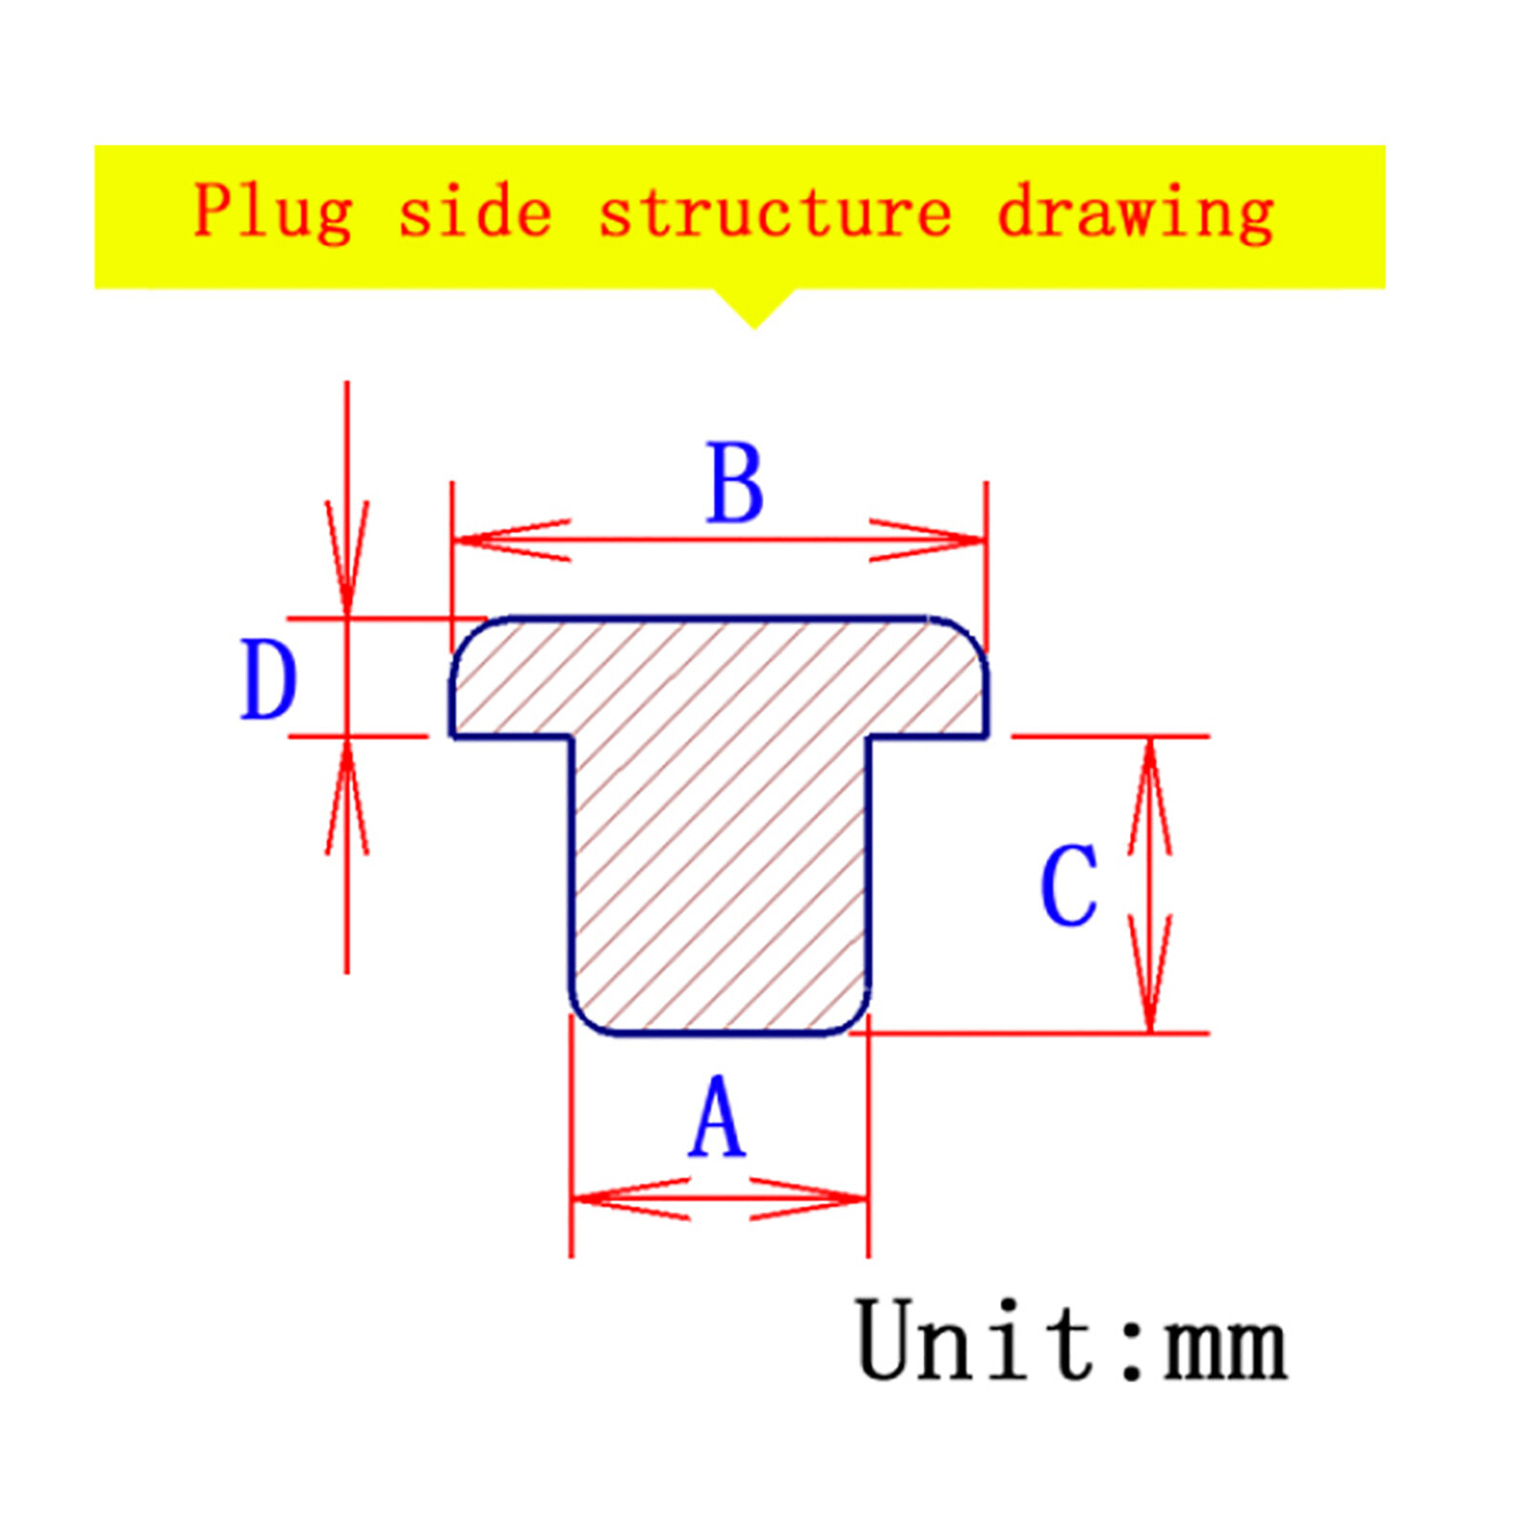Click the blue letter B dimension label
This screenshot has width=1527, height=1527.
[x=735, y=483]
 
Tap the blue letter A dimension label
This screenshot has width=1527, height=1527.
[x=717, y=1116]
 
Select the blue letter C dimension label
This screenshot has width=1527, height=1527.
[x=1069, y=885]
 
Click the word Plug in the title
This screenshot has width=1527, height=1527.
[x=273, y=212]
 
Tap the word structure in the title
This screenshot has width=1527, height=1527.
[x=775, y=212]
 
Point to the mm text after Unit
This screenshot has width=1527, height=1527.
[x=1225, y=1347]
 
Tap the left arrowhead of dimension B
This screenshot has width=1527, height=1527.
[x=512, y=540]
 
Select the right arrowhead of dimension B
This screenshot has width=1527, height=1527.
[x=927, y=540]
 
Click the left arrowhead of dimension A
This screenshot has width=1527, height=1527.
[x=630, y=1199]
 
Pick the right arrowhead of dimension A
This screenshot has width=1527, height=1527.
[x=809, y=1199]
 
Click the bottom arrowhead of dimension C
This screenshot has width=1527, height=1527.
[x=1150, y=973]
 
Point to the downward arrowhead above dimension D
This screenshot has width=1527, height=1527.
[x=346, y=559]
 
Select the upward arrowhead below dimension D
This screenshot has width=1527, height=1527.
[x=346, y=796]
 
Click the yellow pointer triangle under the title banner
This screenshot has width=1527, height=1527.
[x=754, y=307]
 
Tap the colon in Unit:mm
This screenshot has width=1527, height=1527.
[x=1132, y=1348]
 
